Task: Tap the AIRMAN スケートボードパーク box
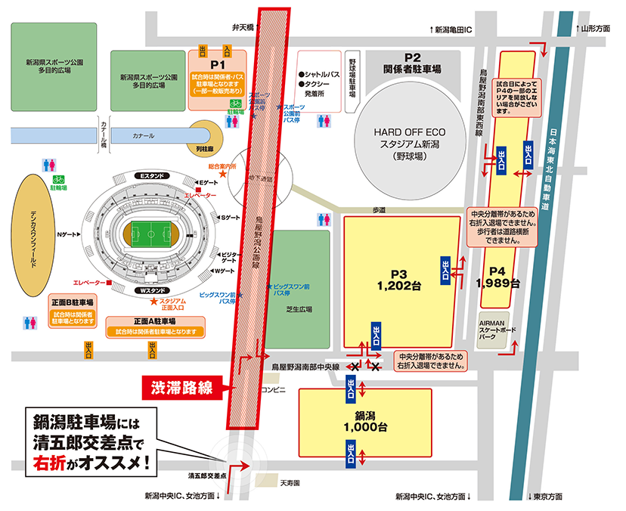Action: point(496,330)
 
